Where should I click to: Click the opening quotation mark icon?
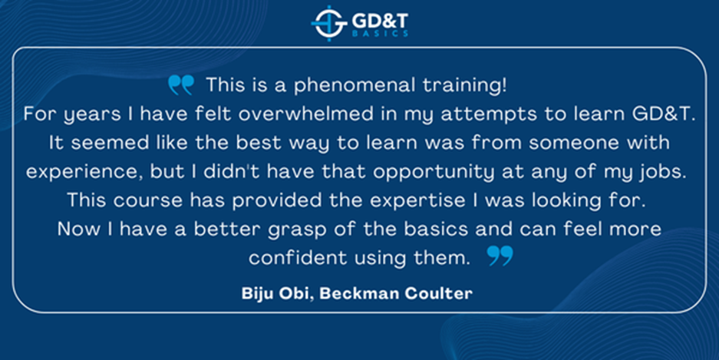[x=181, y=84]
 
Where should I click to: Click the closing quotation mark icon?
[x=500, y=256]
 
